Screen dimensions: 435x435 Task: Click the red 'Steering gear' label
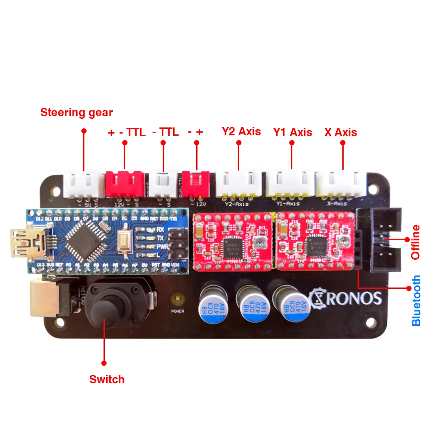point(77,113)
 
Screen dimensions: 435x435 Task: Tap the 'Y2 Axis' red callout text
point(241,131)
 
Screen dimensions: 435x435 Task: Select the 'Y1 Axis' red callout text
point(292,132)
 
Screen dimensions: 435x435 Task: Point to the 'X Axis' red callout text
point(341,132)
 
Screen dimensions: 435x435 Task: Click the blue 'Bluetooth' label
point(416,300)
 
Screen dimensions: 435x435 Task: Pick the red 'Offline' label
point(416,242)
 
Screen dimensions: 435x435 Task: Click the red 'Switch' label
point(107,379)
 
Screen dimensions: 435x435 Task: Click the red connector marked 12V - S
point(125,184)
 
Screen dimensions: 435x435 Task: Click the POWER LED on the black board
point(177,299)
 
